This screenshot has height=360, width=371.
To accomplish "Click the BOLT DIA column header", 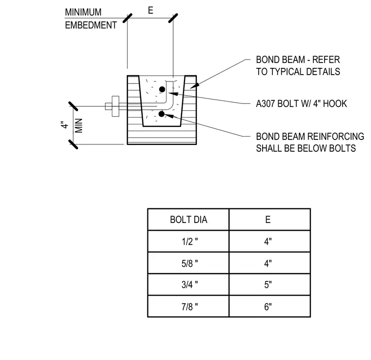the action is pos(188,220).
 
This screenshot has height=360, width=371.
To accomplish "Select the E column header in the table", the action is pos(268,220).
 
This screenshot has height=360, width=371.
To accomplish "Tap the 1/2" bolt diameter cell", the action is pos(188,241).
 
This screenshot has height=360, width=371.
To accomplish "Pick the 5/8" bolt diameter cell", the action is pos(188,263).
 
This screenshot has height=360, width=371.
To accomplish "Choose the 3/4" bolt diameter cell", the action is pos(188,284).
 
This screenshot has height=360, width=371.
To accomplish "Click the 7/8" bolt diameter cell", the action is pos(188,306).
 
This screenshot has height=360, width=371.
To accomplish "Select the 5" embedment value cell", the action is pos(268,284).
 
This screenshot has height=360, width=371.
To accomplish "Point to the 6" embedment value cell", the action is pos(268,306).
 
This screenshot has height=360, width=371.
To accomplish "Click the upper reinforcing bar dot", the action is pos(162,89).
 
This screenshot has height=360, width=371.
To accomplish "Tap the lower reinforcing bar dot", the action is pos(162,114).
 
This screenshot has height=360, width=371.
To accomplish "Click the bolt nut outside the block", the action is pos(116,106).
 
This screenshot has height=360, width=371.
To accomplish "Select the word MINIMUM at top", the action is pos(83,12).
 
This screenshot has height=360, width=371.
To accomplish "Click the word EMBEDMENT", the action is pos(91,25).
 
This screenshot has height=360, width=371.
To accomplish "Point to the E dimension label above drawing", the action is pos(150,10).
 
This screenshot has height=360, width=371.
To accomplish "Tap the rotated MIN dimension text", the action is pos(79,125).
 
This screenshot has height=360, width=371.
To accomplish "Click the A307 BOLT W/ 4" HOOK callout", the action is pos(302,103).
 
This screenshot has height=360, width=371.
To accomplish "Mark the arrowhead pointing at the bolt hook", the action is pos(173,94).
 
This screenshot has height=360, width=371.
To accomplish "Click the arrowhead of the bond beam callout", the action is pos(194,86).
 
